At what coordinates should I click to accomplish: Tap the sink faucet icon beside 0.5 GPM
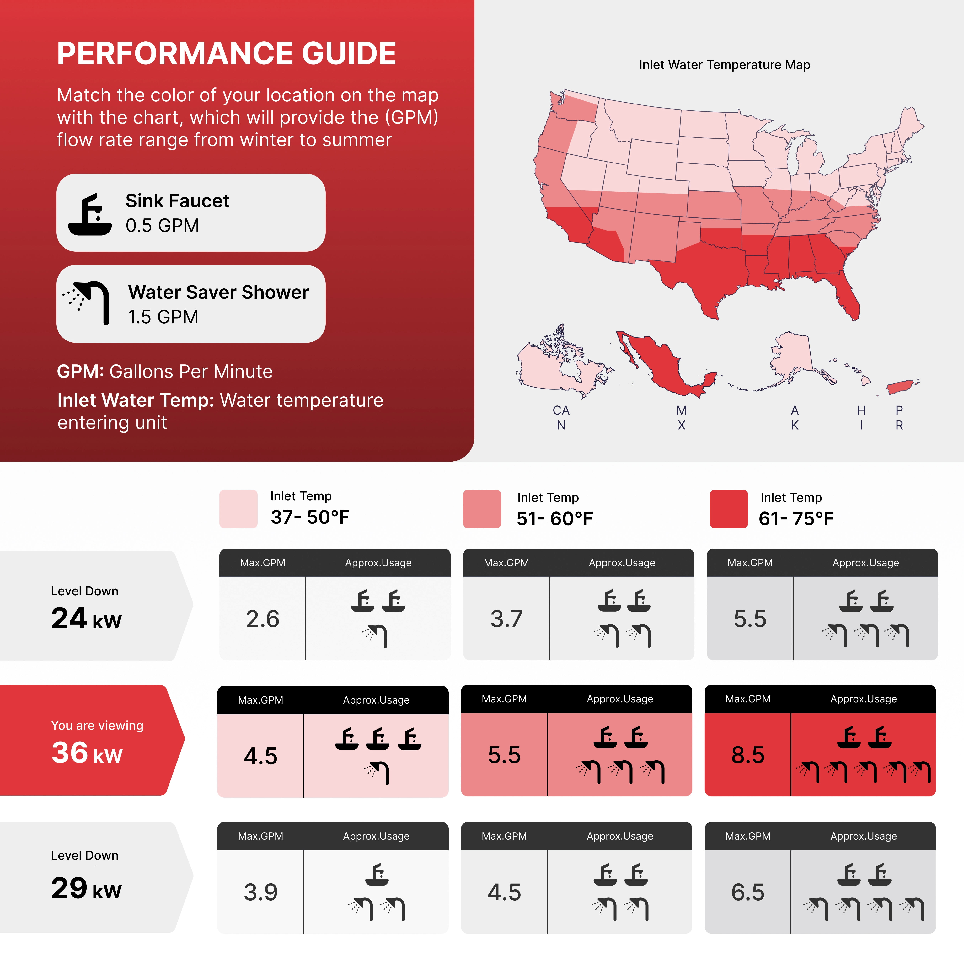tap(90, 215)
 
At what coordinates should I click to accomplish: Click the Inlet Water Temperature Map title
tap(725, 65)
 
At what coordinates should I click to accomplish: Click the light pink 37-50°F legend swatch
tap(238, 509)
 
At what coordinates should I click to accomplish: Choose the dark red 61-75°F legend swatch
tap(728, 509)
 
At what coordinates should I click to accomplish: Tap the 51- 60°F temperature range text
tap(555, 519)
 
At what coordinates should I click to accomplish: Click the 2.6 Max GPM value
tap(262, 619)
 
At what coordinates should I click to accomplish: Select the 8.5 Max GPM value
tap(748, 755)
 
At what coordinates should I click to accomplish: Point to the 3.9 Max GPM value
tap(260, 892)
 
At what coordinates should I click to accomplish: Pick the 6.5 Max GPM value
tap(748, 892)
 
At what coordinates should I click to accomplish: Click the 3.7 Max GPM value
tap(506, 619)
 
